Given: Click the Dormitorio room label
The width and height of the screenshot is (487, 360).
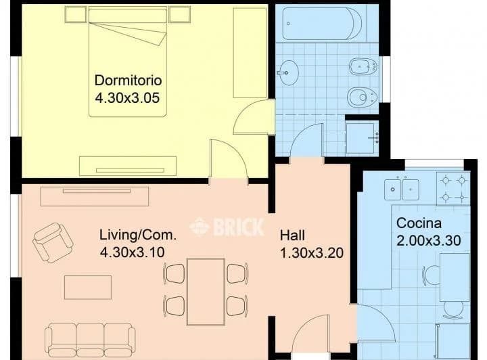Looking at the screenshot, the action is pyautogui.click(x=128, y=81).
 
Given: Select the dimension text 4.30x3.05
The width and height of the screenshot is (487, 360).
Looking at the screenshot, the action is pyautogui.click(x=127, y=98).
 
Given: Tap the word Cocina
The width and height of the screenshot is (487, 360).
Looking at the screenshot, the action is pyautogui.click(x=419, y=223).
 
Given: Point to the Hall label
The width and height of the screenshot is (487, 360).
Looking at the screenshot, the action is pyautogui.click(x=292, y=235).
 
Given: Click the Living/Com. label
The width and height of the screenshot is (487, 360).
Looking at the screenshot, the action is pyautogui.click(x=138, y=235).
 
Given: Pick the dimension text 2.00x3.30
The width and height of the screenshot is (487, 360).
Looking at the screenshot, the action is pyautogui.click(x=429, y=241).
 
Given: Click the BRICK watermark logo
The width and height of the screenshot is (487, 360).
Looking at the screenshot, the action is pyautogui.click(x=227, y=227).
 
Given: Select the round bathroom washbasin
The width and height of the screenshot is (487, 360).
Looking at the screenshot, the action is pyautogui.click(x=288, y=73).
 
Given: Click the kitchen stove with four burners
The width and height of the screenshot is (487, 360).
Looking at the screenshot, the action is pyautogui.click(x=453, y=189).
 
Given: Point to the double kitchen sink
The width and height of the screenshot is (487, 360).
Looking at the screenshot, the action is pyautogui.click(x=402, y=189).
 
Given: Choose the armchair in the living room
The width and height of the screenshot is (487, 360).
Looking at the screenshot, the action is pyautogui.click(x=53, y=242).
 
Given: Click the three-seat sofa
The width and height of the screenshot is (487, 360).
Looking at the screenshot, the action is pyautogui.click(x=90, y=340).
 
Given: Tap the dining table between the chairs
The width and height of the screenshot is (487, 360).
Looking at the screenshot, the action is pyautogui.click(x=206, y=292).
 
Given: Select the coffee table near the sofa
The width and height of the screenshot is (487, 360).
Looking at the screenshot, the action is pyautogui.click(x=88, y=288).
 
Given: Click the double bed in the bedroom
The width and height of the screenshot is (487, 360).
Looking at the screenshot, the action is pyautogui.click(x=128, y=62).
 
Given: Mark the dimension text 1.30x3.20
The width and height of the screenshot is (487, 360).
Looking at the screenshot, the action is pyautogui.click(x=312, y=253).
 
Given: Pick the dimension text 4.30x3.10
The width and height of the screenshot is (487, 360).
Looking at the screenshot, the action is pyautogui.click(x=133, y=252).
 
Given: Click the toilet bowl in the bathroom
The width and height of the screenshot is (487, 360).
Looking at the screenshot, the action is pyautogui.click(x=363, y=97).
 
